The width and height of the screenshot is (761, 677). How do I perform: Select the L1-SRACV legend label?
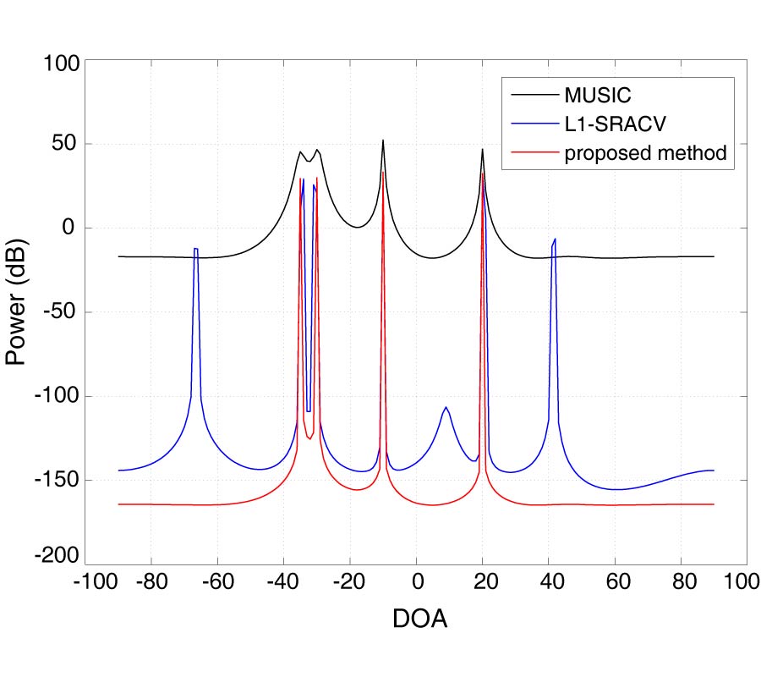click(x=616, y=124)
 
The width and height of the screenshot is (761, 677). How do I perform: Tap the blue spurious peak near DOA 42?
click(x=555, y=240)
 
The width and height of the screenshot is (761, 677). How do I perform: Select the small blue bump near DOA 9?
click(x=446, y=408)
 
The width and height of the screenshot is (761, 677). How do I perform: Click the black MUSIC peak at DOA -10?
click(x=383, y=141)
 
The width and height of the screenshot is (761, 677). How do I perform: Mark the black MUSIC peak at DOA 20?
click(x=483, y=151)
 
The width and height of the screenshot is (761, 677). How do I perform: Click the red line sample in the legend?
click(x=532, y=154)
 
